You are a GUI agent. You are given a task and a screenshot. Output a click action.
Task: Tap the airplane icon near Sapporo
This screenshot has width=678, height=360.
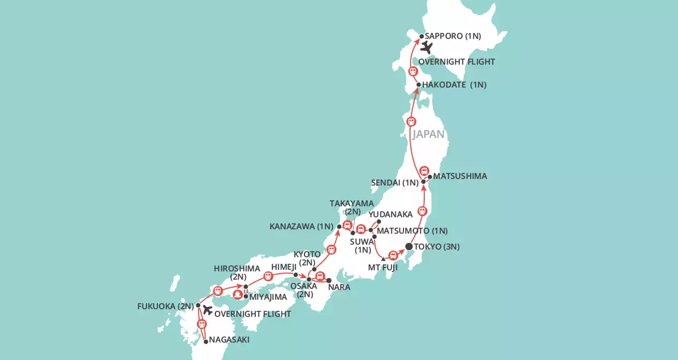point(426,48)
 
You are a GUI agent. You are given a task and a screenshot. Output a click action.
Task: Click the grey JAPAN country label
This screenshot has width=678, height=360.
point(429,134)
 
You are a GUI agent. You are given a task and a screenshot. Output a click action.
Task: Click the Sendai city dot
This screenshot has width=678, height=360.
point(423,182)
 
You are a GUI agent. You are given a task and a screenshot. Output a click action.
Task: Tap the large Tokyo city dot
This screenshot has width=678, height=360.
point(408,246)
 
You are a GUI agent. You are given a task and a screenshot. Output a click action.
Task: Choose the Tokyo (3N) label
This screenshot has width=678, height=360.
point(437,247)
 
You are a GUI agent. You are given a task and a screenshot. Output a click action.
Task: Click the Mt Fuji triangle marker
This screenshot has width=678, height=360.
point(383,259)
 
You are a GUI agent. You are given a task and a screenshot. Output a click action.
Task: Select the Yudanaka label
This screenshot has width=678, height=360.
point(390,214)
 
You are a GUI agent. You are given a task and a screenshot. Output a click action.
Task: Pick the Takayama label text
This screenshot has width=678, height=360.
point(352,204)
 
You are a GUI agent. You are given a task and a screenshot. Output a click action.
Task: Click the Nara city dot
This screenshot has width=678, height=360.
point(329,280)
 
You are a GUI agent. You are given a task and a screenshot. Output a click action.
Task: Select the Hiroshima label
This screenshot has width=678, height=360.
point(236,268)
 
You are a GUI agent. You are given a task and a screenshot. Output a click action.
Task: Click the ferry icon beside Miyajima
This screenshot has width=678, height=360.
point(237,294)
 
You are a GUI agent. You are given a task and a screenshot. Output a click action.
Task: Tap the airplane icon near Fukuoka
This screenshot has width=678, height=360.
point(207,310)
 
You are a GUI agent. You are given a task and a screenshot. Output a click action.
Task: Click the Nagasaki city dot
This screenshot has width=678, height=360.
point(206,341)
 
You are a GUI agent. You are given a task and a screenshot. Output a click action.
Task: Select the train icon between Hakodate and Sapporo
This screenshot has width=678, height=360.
point(413,71)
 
